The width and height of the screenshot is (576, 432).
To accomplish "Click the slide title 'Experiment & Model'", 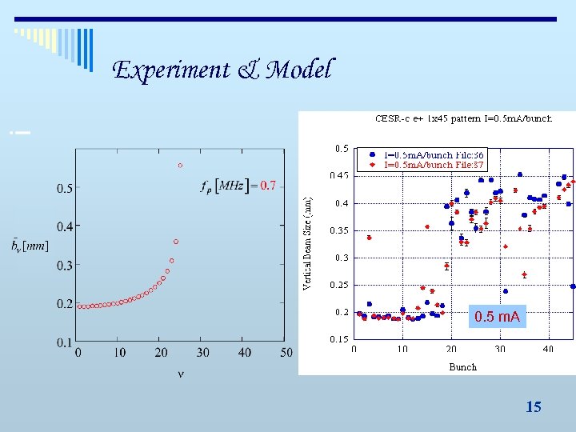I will click(x=223, y=70).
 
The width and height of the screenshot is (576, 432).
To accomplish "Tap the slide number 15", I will click(x=533, y=407).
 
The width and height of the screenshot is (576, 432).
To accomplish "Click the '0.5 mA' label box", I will click(x=497, y=318).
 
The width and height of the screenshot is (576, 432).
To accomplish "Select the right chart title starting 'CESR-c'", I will click(x=463, y=118).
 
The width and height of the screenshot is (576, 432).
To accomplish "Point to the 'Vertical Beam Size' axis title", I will click(x=308, y=238).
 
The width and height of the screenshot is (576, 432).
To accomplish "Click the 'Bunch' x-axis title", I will click(x=462, y=367).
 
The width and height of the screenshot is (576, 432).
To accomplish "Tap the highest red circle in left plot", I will click(x=180, y=166).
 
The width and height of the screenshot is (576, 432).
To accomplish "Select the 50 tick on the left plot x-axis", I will click(x=286, y=353).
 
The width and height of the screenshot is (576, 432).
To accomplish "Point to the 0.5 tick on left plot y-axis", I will click(x=62, y=189).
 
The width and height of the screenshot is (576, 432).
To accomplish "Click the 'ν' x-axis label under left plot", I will click(x=180, y=374).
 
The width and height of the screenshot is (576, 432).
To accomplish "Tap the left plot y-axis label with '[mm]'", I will click(x=30, y=246).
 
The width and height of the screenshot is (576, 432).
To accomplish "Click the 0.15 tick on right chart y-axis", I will click(x=340, y=339).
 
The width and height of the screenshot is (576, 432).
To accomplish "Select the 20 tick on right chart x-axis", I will click(x=451, y=349).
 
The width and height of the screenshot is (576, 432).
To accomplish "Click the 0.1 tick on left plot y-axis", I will click(x=62, y=342).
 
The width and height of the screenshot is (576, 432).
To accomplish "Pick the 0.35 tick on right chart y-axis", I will click(x=340, y=230).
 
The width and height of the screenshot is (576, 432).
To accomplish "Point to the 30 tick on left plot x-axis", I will click(x=203, y=353).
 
